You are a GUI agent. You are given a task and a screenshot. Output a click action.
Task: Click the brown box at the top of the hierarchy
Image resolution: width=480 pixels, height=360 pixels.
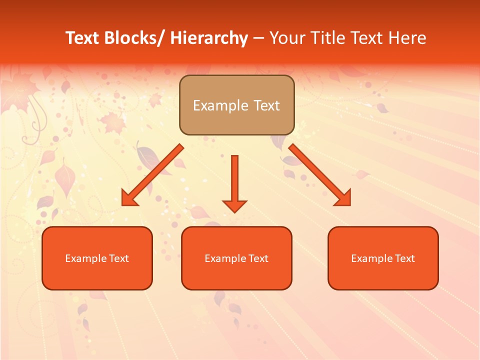pyautogui.click(x=236, y=105)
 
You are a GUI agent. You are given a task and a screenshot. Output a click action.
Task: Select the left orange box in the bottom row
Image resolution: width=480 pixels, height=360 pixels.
pyautogui.click(x=97, y=258)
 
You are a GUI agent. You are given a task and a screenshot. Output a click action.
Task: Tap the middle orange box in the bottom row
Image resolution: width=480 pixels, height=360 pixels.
pyautogui.click(x=236, y=258)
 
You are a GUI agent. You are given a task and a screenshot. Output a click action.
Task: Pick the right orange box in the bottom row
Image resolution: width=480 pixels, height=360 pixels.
pyautogui.click(x=383, y=258)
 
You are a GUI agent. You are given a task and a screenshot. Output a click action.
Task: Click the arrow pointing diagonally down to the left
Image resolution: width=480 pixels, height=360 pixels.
pyautogui.click(x=152, y=175)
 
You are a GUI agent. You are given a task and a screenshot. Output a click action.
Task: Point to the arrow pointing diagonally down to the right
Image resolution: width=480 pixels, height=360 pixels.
pyautogui.click(x=320, y=175)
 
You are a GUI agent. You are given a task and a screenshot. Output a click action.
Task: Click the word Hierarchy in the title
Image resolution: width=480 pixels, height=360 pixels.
pyautogui.click(x=209, y=38)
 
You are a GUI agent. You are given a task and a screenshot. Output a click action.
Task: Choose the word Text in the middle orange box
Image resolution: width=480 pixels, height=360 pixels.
pyautogui.click(x=257, y=258)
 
